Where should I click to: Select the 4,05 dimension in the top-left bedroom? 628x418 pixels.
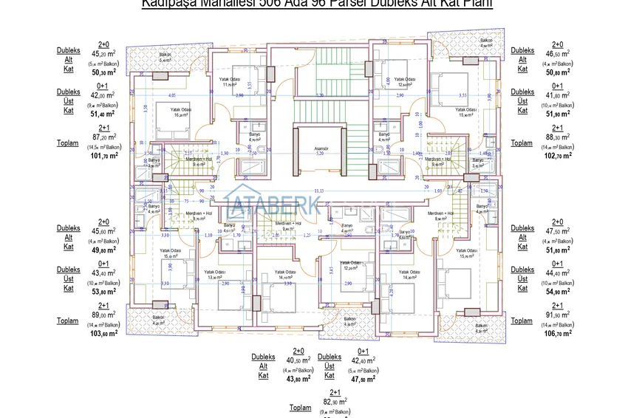pyautogui.click(x=172, y=96)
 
